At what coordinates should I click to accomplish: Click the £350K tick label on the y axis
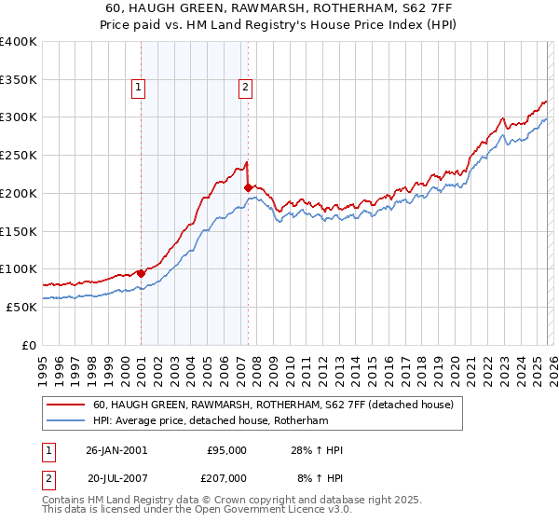point(19,79)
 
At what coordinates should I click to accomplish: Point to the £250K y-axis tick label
point(19,156)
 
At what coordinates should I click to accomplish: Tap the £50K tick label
point(22,307)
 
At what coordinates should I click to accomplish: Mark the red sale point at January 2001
point(141,273)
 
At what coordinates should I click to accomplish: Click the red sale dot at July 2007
point(248,188)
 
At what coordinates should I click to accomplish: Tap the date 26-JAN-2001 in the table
point(116,450)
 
